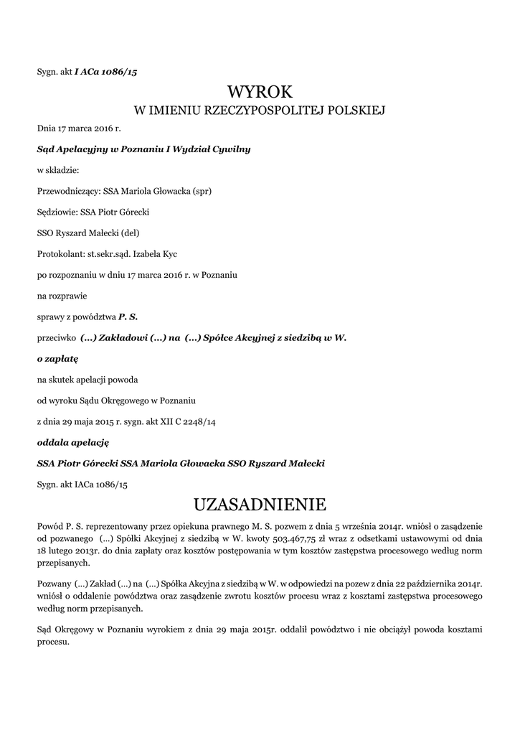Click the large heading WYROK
(x=260, y=92)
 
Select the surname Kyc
(x=170, y=254)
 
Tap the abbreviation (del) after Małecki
(x=131, y=233)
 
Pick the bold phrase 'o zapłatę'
(x=57, y=357)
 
